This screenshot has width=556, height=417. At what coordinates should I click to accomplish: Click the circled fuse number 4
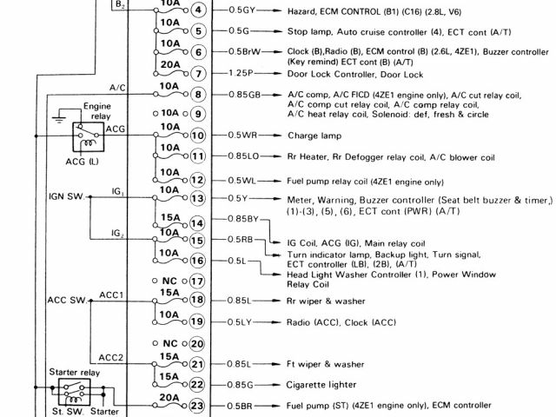[198, 10]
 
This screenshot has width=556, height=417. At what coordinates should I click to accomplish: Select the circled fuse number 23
[198, 406]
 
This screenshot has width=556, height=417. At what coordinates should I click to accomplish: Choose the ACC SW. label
[66, 301]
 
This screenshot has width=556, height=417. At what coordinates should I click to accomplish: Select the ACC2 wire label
[110, 356]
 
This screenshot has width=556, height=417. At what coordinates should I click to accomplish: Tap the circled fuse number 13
[198, 198]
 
